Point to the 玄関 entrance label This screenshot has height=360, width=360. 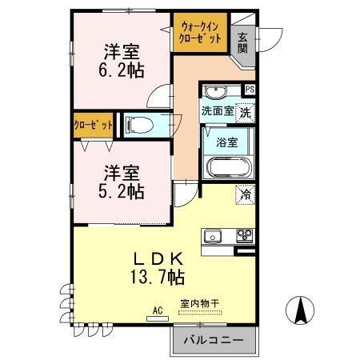click(242, 42)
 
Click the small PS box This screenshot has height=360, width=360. click(250, 89)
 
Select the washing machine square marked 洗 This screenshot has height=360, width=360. click(246, 112)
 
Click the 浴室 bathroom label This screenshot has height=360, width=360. click(226, 142)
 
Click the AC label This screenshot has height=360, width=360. click(157, 308)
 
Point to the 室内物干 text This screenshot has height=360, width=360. click(198, 303)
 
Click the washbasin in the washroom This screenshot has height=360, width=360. click(214, 90)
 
